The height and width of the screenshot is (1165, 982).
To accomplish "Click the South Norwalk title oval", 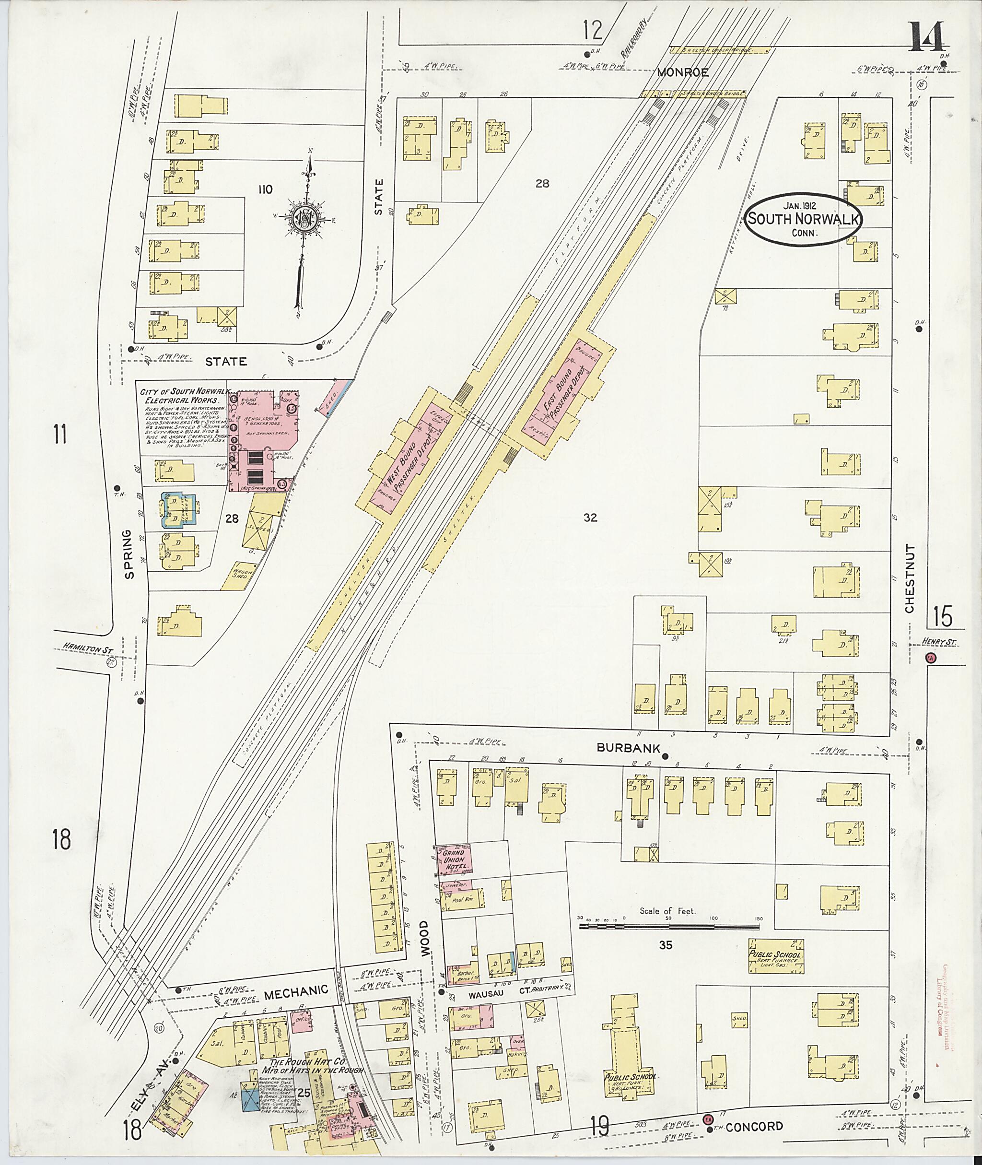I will (803, 219).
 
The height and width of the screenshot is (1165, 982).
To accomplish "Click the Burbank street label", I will (620, 748).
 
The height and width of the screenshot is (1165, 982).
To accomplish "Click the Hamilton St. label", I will (84, 646).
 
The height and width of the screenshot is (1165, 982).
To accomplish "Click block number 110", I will (265, 190).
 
